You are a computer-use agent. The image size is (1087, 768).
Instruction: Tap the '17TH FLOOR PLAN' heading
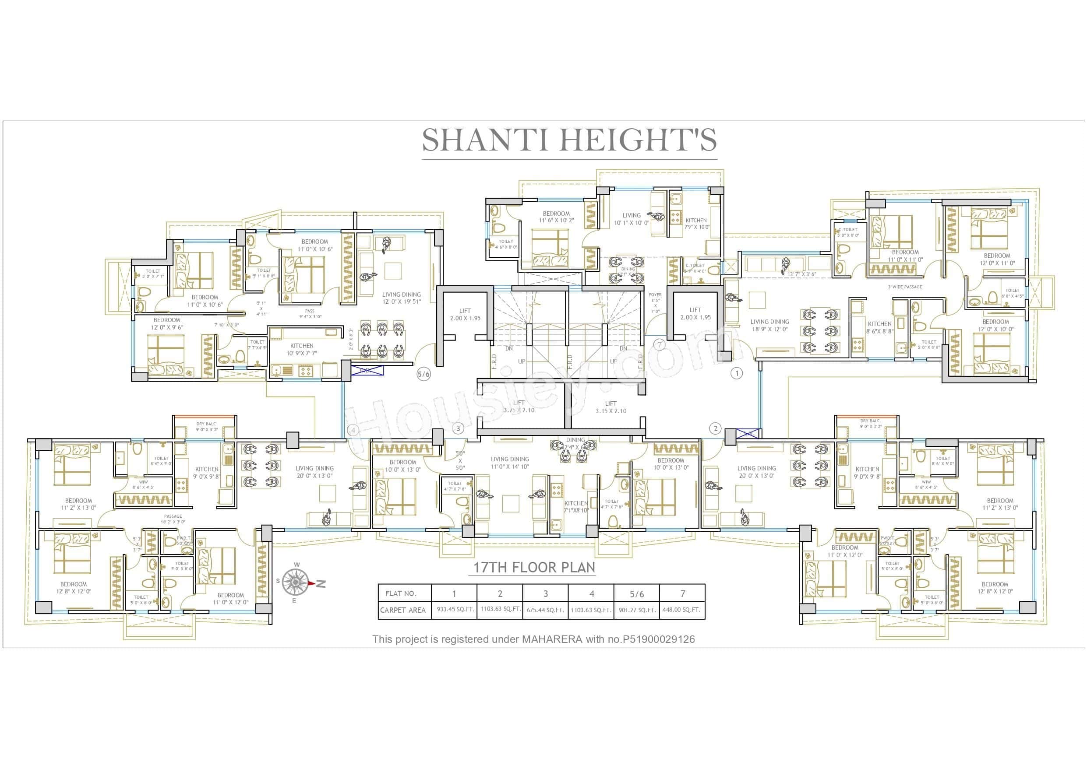pyautogui.click(x=534, y=568)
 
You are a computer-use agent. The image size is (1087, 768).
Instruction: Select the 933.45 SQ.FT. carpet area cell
pyautogui.click(x=455, y=610)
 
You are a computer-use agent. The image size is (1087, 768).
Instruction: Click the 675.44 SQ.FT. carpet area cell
pyautogui.click(x=545, y=610)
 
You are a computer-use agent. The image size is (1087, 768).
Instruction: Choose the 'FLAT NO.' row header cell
pyautogui.click(x=401, y=593)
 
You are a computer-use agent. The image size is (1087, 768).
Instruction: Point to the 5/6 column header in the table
pyautogui.click(x=636, y=593)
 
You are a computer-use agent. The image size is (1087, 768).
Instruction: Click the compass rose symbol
pyautogui.click(x=296, y=582)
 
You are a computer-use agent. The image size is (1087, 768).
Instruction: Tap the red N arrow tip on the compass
pyautogui.click(x=312, y=583)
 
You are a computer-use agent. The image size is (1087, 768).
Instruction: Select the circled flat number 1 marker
pyautogui.click(x=736, y=373)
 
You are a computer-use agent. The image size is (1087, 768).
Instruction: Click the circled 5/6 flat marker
pyautogui.click(x=424, y=374)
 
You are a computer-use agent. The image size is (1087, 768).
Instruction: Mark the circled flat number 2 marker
pyautogui.click(x=715, y=429)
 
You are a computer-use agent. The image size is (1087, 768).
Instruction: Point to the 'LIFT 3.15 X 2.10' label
pyautogui.click(x=611, y=407)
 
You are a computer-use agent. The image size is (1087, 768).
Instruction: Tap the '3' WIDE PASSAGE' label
pyautogui.click(x=905, y=287)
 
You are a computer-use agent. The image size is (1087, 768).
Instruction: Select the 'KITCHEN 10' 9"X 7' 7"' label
pyautogui.click(x=302, y=349)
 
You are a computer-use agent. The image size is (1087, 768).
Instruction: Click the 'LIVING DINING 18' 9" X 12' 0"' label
pyautogui.click(x=769, y=325)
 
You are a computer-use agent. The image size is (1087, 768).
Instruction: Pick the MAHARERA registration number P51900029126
pyautogui.click(x=659, y=639)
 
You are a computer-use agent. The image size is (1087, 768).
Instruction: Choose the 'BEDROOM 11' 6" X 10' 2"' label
pyautogui.click(x=556, y=217)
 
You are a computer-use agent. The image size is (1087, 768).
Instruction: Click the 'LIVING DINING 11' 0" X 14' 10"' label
pyautogui.click(x=509, y=462)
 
